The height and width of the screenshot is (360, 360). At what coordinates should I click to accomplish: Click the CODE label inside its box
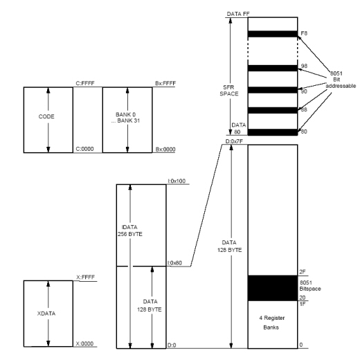46,116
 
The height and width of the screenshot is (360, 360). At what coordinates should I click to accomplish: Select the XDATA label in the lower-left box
46,314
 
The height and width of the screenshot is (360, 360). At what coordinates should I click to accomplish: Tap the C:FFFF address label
85,83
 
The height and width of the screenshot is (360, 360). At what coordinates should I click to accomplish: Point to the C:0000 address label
84,149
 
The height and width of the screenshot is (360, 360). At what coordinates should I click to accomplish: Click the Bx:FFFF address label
165,83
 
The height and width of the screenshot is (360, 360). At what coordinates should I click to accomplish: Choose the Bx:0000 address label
165,150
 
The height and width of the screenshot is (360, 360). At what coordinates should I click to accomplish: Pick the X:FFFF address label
85,277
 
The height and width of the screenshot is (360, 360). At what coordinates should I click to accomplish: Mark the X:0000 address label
84,343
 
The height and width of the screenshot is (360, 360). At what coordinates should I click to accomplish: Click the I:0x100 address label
177,181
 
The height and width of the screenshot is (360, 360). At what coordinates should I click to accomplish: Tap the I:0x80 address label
174,263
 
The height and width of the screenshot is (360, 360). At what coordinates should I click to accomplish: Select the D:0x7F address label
234,141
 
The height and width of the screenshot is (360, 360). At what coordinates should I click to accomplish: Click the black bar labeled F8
273,34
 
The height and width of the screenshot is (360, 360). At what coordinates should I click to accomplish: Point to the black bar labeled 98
273,68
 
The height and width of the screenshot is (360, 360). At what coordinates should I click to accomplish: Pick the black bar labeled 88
273,110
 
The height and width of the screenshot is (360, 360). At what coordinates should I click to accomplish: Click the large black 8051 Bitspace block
273,288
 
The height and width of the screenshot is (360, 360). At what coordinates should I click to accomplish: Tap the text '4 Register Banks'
271,323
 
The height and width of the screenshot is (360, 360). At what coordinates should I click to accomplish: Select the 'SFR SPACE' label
229,91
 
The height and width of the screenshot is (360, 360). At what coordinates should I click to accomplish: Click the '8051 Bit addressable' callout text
341,80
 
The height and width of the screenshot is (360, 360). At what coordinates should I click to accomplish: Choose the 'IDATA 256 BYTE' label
130,231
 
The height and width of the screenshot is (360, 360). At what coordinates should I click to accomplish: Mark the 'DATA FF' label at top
238,14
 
